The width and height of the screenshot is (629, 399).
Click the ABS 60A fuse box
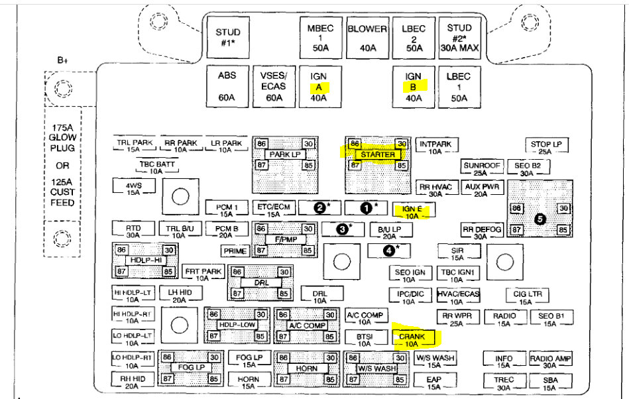click(x=227, y=87)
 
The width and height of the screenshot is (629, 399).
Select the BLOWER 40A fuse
click(x=367, y=38)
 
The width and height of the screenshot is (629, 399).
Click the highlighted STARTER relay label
click(x=378, y=154)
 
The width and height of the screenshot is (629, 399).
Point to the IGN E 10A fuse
click(x=411, y=211)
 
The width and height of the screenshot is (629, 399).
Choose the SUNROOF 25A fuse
click(x=480, y=168)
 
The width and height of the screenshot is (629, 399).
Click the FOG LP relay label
click(x=191, y=367)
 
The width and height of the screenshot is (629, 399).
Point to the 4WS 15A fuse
click(x=133, y=188)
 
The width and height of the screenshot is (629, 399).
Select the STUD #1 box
click(x=228, y=38)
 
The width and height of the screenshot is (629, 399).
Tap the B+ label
click(x=63, y=60)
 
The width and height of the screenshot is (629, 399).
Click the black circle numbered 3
click(x=343, y=229)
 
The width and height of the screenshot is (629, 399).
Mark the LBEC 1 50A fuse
click(x=458, y=87)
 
